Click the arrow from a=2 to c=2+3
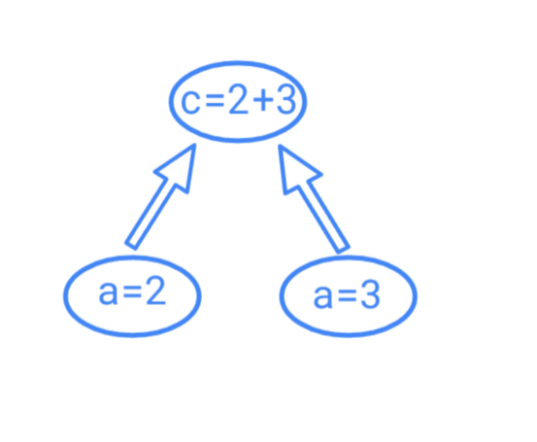(x=161, y=196)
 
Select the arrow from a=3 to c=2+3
(x=314, y=198)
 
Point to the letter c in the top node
(x=190, y=101)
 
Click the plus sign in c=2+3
(x=263, y=100)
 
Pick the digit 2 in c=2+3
(x=238, y=99)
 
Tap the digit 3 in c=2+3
(x=285, y=99)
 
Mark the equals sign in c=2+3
(x=215, y=101)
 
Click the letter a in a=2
(x=108, y=293)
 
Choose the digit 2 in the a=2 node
(x=155, y=289)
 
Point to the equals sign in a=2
(x=132, y=292)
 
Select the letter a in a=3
(x=322, y=297)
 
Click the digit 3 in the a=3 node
(x=370, y=294)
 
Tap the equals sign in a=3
(x=347, y=296)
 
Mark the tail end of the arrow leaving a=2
(x=130, y=247)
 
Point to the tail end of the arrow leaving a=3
(x=344, y=250)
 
